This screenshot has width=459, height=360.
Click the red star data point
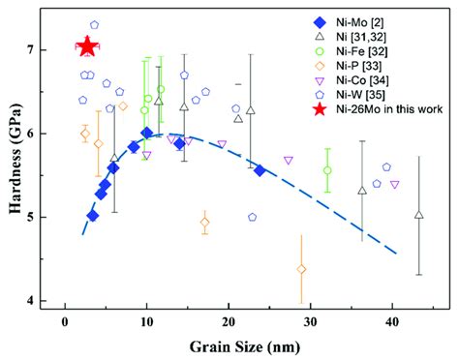87,46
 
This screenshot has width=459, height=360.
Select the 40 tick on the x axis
392,323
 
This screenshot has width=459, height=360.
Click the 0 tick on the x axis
65,323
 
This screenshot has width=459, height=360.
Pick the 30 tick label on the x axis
310,323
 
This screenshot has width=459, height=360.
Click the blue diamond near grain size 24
260,170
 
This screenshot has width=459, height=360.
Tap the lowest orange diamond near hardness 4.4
301,269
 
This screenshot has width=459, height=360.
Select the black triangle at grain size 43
418,215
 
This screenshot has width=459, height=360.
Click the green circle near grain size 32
327,170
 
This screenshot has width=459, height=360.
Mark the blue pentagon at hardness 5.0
253,218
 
